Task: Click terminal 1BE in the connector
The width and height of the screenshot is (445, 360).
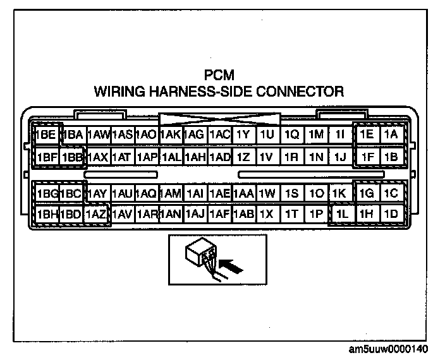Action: [x=46, y=135]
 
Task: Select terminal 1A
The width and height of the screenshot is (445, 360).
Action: [x=391, y=134]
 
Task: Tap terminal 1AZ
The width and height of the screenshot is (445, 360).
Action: [x=97, y=214]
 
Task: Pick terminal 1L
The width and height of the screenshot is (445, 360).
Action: [x=341, y=214]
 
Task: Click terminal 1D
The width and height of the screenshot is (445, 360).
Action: [x=391, y=214]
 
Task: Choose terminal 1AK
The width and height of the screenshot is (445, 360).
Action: [x=170, y=135]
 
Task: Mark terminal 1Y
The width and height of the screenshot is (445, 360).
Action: [x=243, y=135]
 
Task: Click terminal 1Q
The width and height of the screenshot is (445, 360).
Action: [x=291, y=135]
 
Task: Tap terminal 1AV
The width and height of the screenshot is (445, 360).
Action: [x=122, y=214]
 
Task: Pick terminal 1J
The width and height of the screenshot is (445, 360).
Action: [x=341, y=155]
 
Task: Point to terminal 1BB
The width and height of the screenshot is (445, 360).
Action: [x=72, y=155]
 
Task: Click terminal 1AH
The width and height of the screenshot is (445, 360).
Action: [x=195, y=155]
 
